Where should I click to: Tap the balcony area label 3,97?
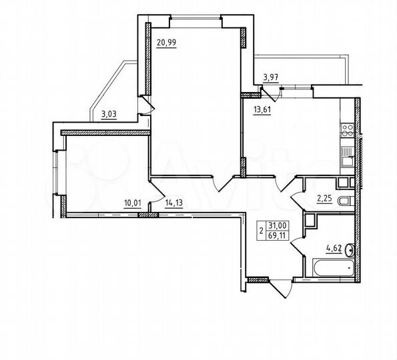(270, 77)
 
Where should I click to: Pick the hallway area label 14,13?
(172, 205)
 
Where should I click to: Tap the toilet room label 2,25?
(324, 197)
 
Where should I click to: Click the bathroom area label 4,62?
(334, 251)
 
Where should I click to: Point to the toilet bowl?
(343, 201)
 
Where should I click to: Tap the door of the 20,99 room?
(223, 184)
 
